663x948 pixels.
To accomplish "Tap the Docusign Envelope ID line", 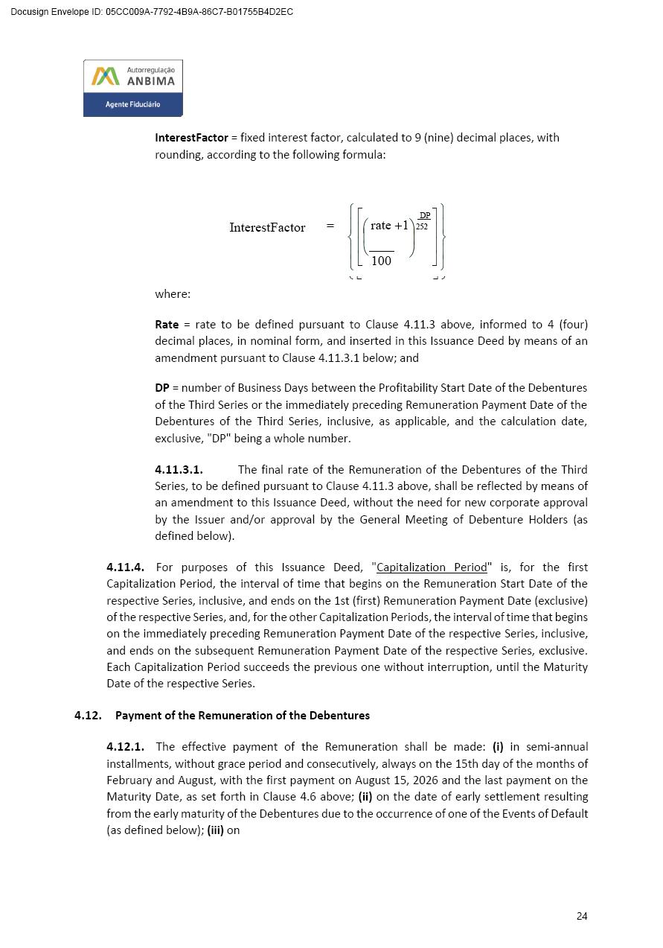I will [152, 12].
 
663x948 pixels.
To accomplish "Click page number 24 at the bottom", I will [581, 916].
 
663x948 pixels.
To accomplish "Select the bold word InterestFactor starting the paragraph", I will [191, 138].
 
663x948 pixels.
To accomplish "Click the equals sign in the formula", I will [330, 226].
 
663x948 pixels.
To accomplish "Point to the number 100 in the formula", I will [381, 261].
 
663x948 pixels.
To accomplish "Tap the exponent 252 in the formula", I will [422, 226].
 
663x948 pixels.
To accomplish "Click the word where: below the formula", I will [173, 294].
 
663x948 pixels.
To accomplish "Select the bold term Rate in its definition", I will [167, 325].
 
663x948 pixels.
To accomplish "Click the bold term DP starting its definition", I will [162, 388].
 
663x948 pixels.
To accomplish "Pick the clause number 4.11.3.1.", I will [179, 470].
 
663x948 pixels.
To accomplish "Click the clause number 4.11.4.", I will [125, 567].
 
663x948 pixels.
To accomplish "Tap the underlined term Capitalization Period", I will [432, 567].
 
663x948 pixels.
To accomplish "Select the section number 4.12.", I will [88, 716].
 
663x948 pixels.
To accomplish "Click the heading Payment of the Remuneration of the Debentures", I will [243, 716].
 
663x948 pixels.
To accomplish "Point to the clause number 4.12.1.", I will [125, 747].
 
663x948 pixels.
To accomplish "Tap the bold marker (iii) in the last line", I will [215, 830].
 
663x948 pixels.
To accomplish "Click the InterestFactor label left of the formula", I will [267, 228].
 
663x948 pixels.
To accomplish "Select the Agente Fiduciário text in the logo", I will [132, 104].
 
